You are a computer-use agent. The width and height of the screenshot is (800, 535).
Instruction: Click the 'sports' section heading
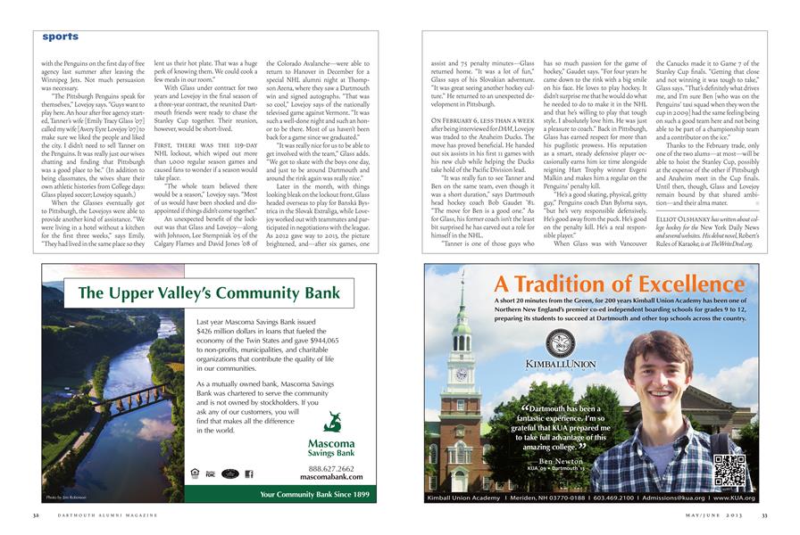pyautogui.click(x=60, y=37)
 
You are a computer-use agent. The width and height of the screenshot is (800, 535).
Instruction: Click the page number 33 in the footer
pyautogui.click(x=764, y=515)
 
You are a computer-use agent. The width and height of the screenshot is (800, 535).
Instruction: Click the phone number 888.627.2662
pyautogui.click(x=331, y=468)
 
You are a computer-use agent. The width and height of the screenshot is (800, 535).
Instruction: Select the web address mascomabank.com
pyautogui.click(x=331, y=477)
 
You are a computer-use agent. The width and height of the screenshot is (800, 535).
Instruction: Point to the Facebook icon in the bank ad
pyautogui.click(x=250, y=474)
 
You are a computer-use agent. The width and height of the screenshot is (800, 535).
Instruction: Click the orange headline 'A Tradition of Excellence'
pyautogui.click(x=615, y=284)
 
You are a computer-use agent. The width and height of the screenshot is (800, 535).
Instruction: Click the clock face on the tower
pyautogui.click(x=462, y=374)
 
